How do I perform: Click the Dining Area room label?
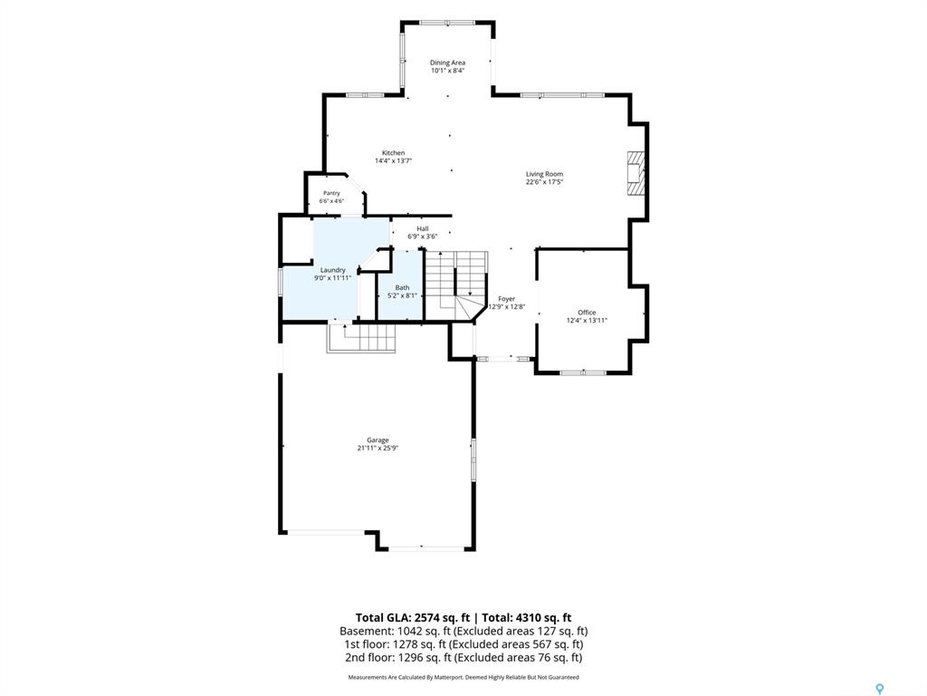point(447,63)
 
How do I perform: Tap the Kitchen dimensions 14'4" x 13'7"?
point(393,161)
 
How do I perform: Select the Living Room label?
point(544,174)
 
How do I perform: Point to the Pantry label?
point(331,194)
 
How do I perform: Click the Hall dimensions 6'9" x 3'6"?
point(422,237)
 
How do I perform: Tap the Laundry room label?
point(333,270)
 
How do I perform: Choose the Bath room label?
point(403,287)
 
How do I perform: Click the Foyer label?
point(507,299)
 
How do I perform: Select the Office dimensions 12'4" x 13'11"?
point(587,320)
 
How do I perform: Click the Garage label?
point(377,440)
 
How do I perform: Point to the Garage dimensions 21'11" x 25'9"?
point(377,448)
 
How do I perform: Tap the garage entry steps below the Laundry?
point(361,338)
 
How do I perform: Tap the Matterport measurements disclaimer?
point(463,677)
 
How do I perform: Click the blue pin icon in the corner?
point(880,689)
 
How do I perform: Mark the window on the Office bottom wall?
point(583,372)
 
